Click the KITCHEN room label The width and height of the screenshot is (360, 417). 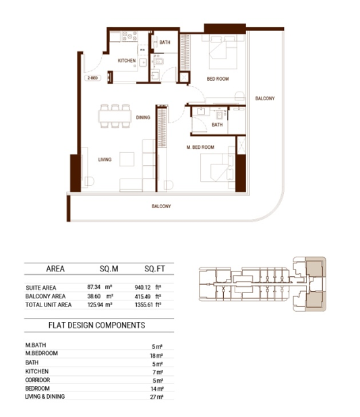pyautogui.click(x=127, y=61)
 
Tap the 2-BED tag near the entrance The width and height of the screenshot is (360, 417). pyautogui.click(x=92, y=78)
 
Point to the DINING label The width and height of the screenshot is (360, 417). pyautogui.click(x=143, y=117)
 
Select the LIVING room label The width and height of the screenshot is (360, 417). pyautogui.click(x=105, y=160)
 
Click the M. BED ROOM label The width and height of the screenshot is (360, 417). pyautogui.click(x=200, y=148)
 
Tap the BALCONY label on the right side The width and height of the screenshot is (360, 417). pyautogui.click(x=265, y=98)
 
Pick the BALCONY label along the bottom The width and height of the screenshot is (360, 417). pyautogui.click(x=161, y=206)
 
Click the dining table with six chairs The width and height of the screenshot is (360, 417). pyautogui.click(x=115, y=117)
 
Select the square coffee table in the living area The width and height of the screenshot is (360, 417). pyautogui.click(x=127, y=159)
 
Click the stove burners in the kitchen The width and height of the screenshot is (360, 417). pyautogui.click(x=129, y=36)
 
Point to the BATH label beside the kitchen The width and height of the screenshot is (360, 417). pyautogui.click(x=164, y=42)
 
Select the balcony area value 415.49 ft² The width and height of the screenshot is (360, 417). pyautogui.click(x=148, y=296)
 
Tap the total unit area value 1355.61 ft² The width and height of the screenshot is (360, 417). pyautogui.click(x=148, y=304)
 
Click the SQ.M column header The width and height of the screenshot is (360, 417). pyautogui.click(x=109, y=269)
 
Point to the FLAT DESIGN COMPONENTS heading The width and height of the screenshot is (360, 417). pyautogui.click(x=97, y=325)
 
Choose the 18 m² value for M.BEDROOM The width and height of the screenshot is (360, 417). pyautogui.click(x=156, y=356)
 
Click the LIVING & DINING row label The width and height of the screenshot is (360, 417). pyautogui.click(x=45, y=397)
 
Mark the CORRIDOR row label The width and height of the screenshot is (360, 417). pyautogui.click(x=38, y=380)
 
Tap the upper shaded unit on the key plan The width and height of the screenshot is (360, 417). pyautogui.click(x=314, y=268)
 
